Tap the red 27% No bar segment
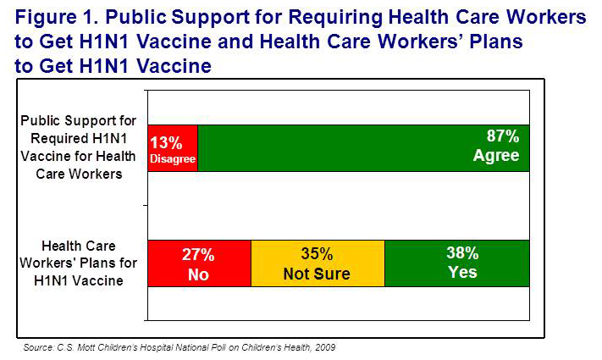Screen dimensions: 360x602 (x=199, y=263)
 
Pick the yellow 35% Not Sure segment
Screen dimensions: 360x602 (x=318, y=263)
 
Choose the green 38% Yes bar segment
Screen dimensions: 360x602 (x=457, y=263)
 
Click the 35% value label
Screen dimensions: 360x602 (x=318, y=254)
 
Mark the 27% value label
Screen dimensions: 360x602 (x=198, y=254)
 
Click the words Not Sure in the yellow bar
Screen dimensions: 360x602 (x=318, y=274)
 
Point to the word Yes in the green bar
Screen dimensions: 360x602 (x=462, y=272)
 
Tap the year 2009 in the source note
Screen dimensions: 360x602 (x=334, y=347)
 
